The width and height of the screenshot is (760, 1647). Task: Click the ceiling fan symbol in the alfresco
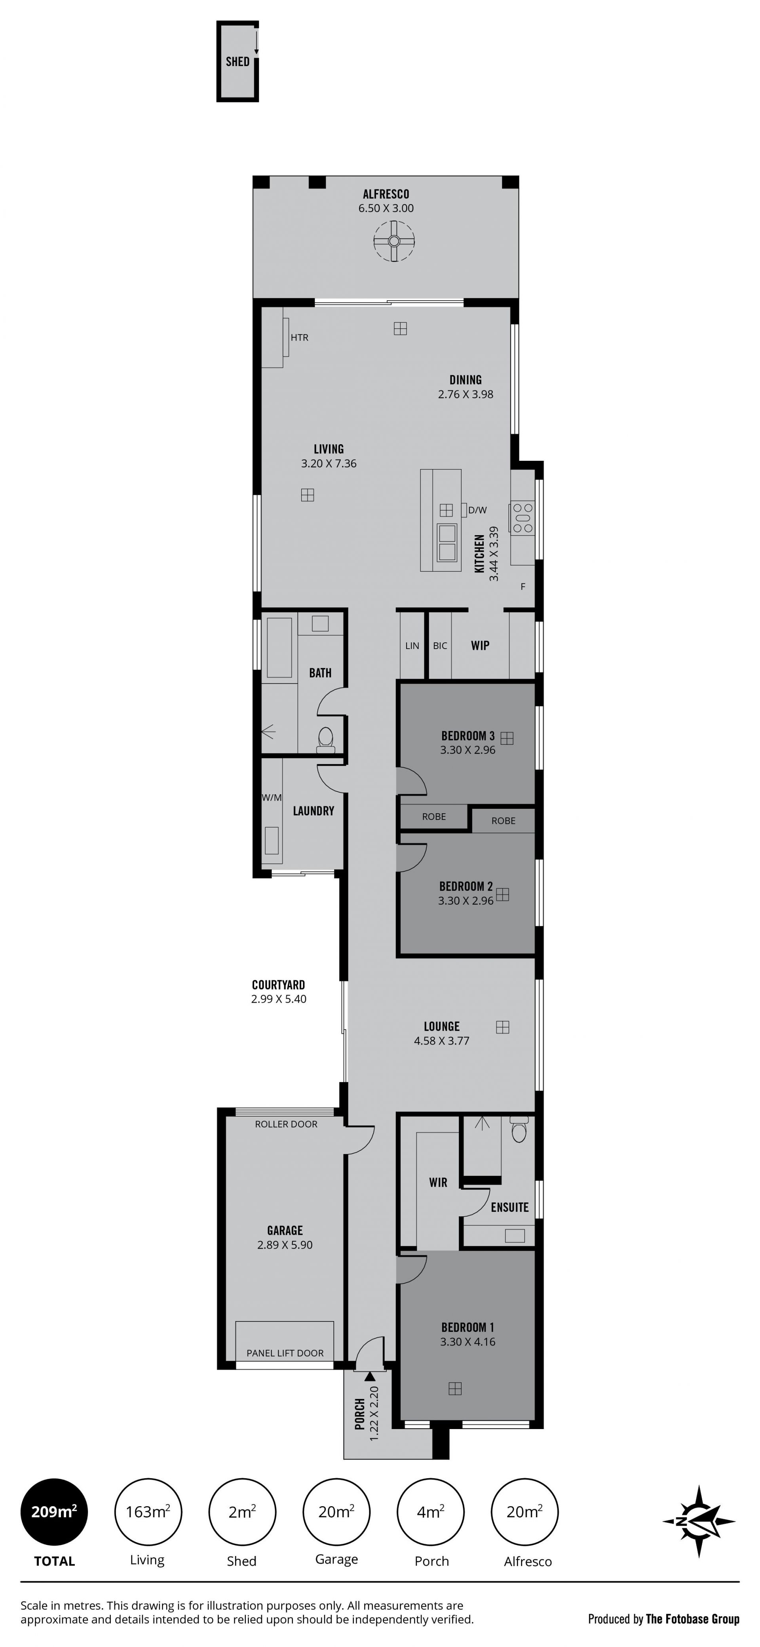[x=394, y=240]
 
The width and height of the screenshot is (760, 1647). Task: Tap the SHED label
[x=237, y=61]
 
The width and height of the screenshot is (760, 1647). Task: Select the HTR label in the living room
[x=299, y=337]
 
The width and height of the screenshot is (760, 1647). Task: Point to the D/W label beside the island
[x=477, y=509]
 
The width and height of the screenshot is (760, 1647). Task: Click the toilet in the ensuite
[x=519, y=1130]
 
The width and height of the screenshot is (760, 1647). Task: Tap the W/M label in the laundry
[x=271, y=797]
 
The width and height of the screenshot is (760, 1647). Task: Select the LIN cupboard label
[x=412, y=646]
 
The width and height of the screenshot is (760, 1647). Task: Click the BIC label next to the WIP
[x=440, y=646]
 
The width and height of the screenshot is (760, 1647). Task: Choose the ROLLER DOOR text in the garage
[x=286, y=1124]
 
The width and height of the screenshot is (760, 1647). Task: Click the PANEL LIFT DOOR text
[x=285, y=1353]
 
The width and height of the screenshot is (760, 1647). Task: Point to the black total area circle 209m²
[x=54, y=1512]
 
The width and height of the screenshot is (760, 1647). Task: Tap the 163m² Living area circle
[x=148, y=1512]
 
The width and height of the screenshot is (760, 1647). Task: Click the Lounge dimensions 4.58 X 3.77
[x=441, y=1041]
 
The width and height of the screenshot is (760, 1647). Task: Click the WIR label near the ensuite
[x=438, y=1183]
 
